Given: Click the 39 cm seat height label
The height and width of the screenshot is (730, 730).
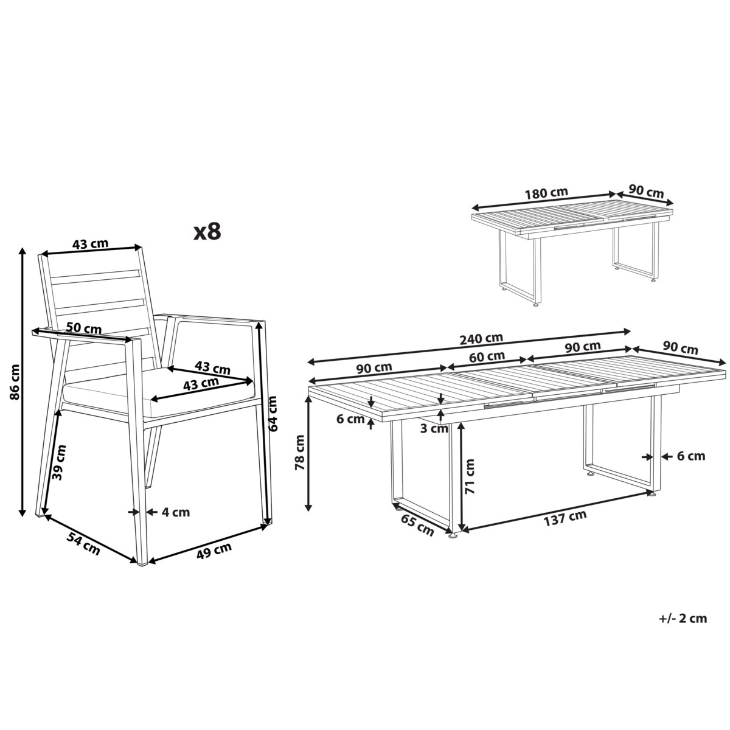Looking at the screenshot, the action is (x=60, y=462).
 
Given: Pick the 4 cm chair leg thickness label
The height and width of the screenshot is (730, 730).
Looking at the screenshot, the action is (x=176, y=512).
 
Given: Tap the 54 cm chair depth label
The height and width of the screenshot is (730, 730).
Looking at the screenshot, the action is (x=83, y=544).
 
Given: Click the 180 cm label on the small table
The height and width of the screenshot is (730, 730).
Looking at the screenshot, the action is (x=546, y=193).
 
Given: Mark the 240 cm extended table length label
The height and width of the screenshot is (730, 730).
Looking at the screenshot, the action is (x=481, y=339).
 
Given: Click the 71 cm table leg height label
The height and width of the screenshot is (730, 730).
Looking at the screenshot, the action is (x=470, y=476).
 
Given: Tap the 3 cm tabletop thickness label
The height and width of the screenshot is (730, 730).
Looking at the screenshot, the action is (x=434, y=428).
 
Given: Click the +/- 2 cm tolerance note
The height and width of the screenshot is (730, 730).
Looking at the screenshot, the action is (x=683, y=619).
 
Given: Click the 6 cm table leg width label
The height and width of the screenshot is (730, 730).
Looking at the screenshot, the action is (x=691, y=456).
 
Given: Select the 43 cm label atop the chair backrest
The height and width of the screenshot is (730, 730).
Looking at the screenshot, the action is (x=90, y=243).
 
